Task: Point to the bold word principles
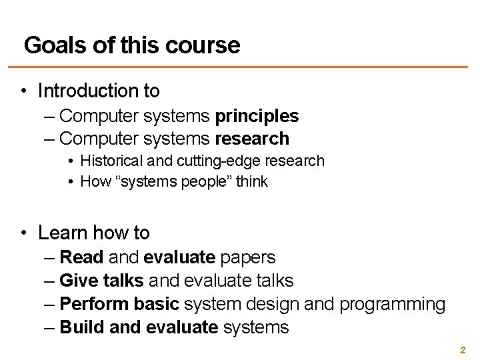257,116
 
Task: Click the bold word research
252,139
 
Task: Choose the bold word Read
81,257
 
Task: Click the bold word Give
79,281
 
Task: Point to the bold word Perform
94,304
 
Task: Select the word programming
392,304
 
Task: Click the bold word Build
81,327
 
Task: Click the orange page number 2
463,349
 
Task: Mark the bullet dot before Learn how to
23,233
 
